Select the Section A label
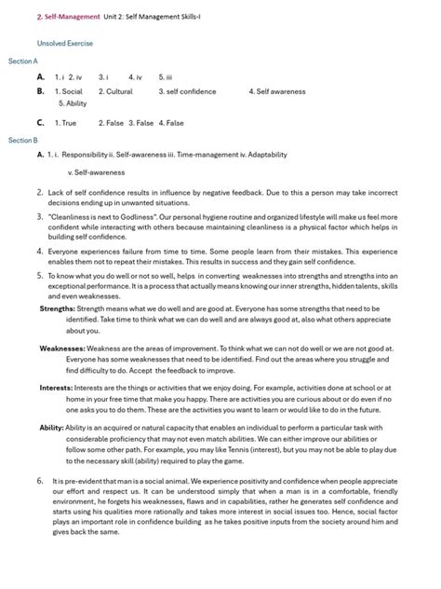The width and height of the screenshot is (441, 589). point(23,61)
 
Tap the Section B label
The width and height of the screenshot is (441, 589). point(23,140)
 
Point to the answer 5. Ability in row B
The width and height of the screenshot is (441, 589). point(72,103)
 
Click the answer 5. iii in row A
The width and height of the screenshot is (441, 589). point(167,76)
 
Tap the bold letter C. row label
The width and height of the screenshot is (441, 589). point(40,122)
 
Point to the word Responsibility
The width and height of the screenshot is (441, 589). point(87,156)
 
